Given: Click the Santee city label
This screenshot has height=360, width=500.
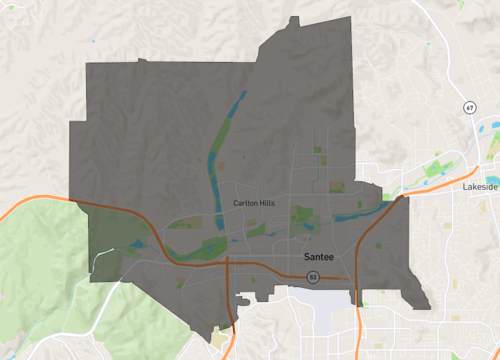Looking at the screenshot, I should pyautogui.click(x=318, y=257).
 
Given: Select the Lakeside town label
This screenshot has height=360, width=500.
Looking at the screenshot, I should pyautogui.click(x=481, y=187).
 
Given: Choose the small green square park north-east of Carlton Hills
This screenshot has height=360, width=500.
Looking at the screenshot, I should pyautogui.click(x=318, y=150).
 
